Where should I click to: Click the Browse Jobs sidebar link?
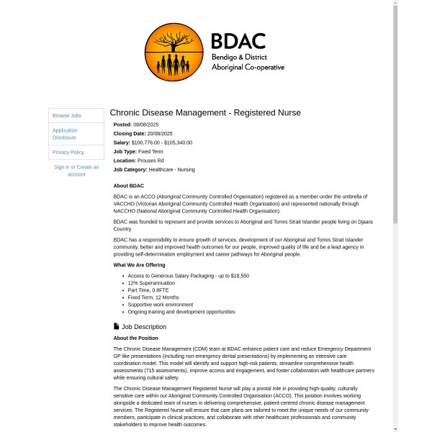67,115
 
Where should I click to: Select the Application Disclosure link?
65,134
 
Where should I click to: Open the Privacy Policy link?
68,152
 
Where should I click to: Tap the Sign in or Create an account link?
76,171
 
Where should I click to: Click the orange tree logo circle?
174,52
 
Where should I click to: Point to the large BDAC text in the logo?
238,40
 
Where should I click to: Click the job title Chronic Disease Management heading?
205,112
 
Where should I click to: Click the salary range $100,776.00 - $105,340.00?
161,143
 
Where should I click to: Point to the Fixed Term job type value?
150,152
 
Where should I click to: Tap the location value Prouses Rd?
150,161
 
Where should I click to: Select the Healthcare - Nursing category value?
171,170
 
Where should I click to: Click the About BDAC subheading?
128,186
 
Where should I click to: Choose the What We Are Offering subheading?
139,265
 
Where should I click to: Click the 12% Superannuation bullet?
151,283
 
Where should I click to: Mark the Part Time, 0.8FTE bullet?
148,290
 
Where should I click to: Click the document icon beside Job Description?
117,327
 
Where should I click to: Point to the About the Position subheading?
135,338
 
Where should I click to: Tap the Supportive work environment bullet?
161,305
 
